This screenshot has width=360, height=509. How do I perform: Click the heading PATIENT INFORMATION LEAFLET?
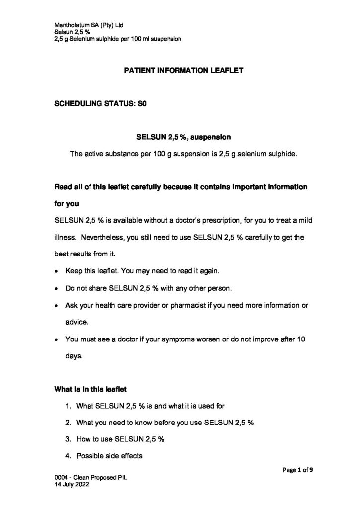point(183,71)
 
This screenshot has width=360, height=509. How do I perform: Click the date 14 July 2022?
point(72,488)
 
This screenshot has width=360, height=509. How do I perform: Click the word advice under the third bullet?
point(77,322)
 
